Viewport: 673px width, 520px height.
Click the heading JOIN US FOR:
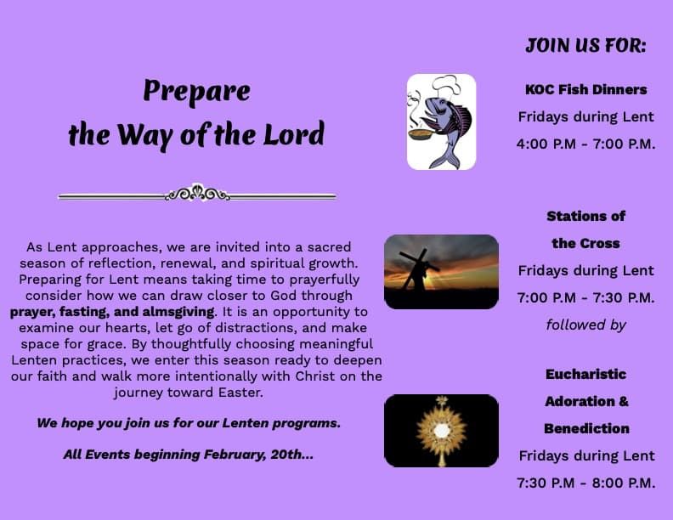click(585, 46)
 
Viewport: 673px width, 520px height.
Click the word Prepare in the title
click(196, 91)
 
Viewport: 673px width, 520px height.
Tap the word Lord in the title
click(292, 134)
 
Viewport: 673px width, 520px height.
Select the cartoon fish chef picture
click(441, 122)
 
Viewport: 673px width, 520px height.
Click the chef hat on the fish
click(444, 87)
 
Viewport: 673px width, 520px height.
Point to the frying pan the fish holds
click(419, 133)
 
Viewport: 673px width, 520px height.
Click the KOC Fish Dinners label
click(585, 89)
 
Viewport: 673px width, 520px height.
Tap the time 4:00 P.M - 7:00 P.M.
click(585, 144)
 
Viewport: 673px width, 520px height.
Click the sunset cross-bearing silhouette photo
click(441, 271)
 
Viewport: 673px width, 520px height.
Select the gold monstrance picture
click(441, 430)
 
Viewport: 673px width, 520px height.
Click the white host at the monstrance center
click(441, 431)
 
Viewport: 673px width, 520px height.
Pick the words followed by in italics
click(585, 325)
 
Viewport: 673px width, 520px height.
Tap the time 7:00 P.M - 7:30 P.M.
click(585, 297)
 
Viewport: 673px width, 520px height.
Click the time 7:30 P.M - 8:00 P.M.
click(585, 483)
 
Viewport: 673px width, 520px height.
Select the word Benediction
click(585, 428)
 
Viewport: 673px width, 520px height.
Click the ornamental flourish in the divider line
click(197, 194)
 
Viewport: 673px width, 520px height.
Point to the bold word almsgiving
click(178, 312)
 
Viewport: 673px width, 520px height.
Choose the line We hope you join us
click(195, 422)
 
